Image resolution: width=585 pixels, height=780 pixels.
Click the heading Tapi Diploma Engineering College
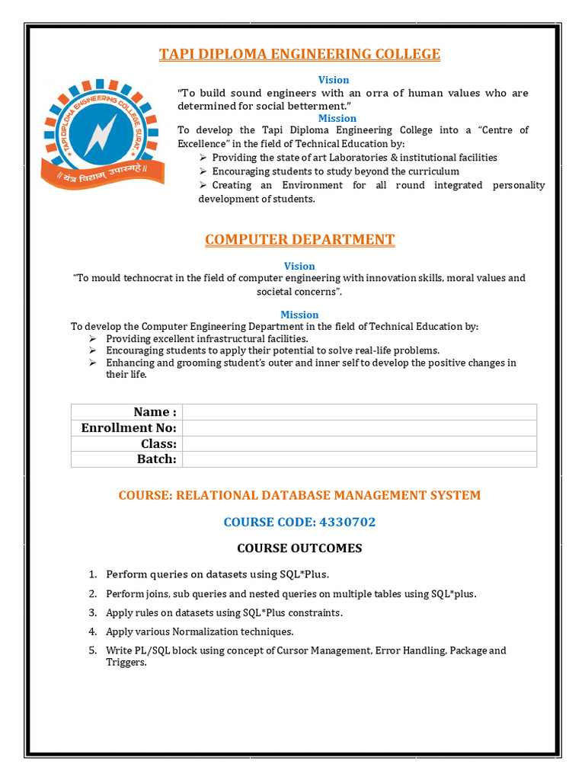click(x=299, y=54)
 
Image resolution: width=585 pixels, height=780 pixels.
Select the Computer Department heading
click(x=299, y=240)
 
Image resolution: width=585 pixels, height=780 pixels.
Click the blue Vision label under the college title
click(x=334, y=80)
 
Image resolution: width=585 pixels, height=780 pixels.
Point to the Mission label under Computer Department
click(x=299, y=315)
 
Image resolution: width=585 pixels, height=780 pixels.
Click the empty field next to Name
click(x=360, y=412)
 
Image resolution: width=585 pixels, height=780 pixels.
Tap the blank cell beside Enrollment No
click(x=360, y=428)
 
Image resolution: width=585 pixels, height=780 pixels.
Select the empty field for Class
click(x=360, y=443)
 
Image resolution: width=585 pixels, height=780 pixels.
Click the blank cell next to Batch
click(x=360, y=459)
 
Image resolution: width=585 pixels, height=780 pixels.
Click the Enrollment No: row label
click(x=129, y=428)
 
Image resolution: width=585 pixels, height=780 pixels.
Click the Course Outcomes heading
click(x=299, y=548)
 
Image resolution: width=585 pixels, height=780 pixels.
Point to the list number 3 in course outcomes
click(x=92, y=612)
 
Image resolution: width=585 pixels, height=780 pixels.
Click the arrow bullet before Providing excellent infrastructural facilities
click(x=93, y=338)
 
